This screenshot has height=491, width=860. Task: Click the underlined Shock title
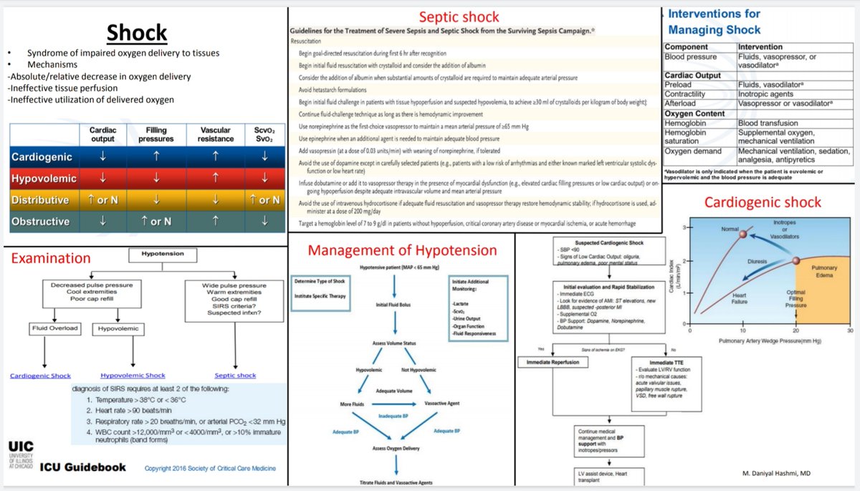[x=137, y=33]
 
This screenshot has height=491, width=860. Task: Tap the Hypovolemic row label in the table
[x=42, y=178]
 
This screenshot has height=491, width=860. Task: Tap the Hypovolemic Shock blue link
[x=133, y=375]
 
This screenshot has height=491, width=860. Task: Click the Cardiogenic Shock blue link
[x=40, y=375]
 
